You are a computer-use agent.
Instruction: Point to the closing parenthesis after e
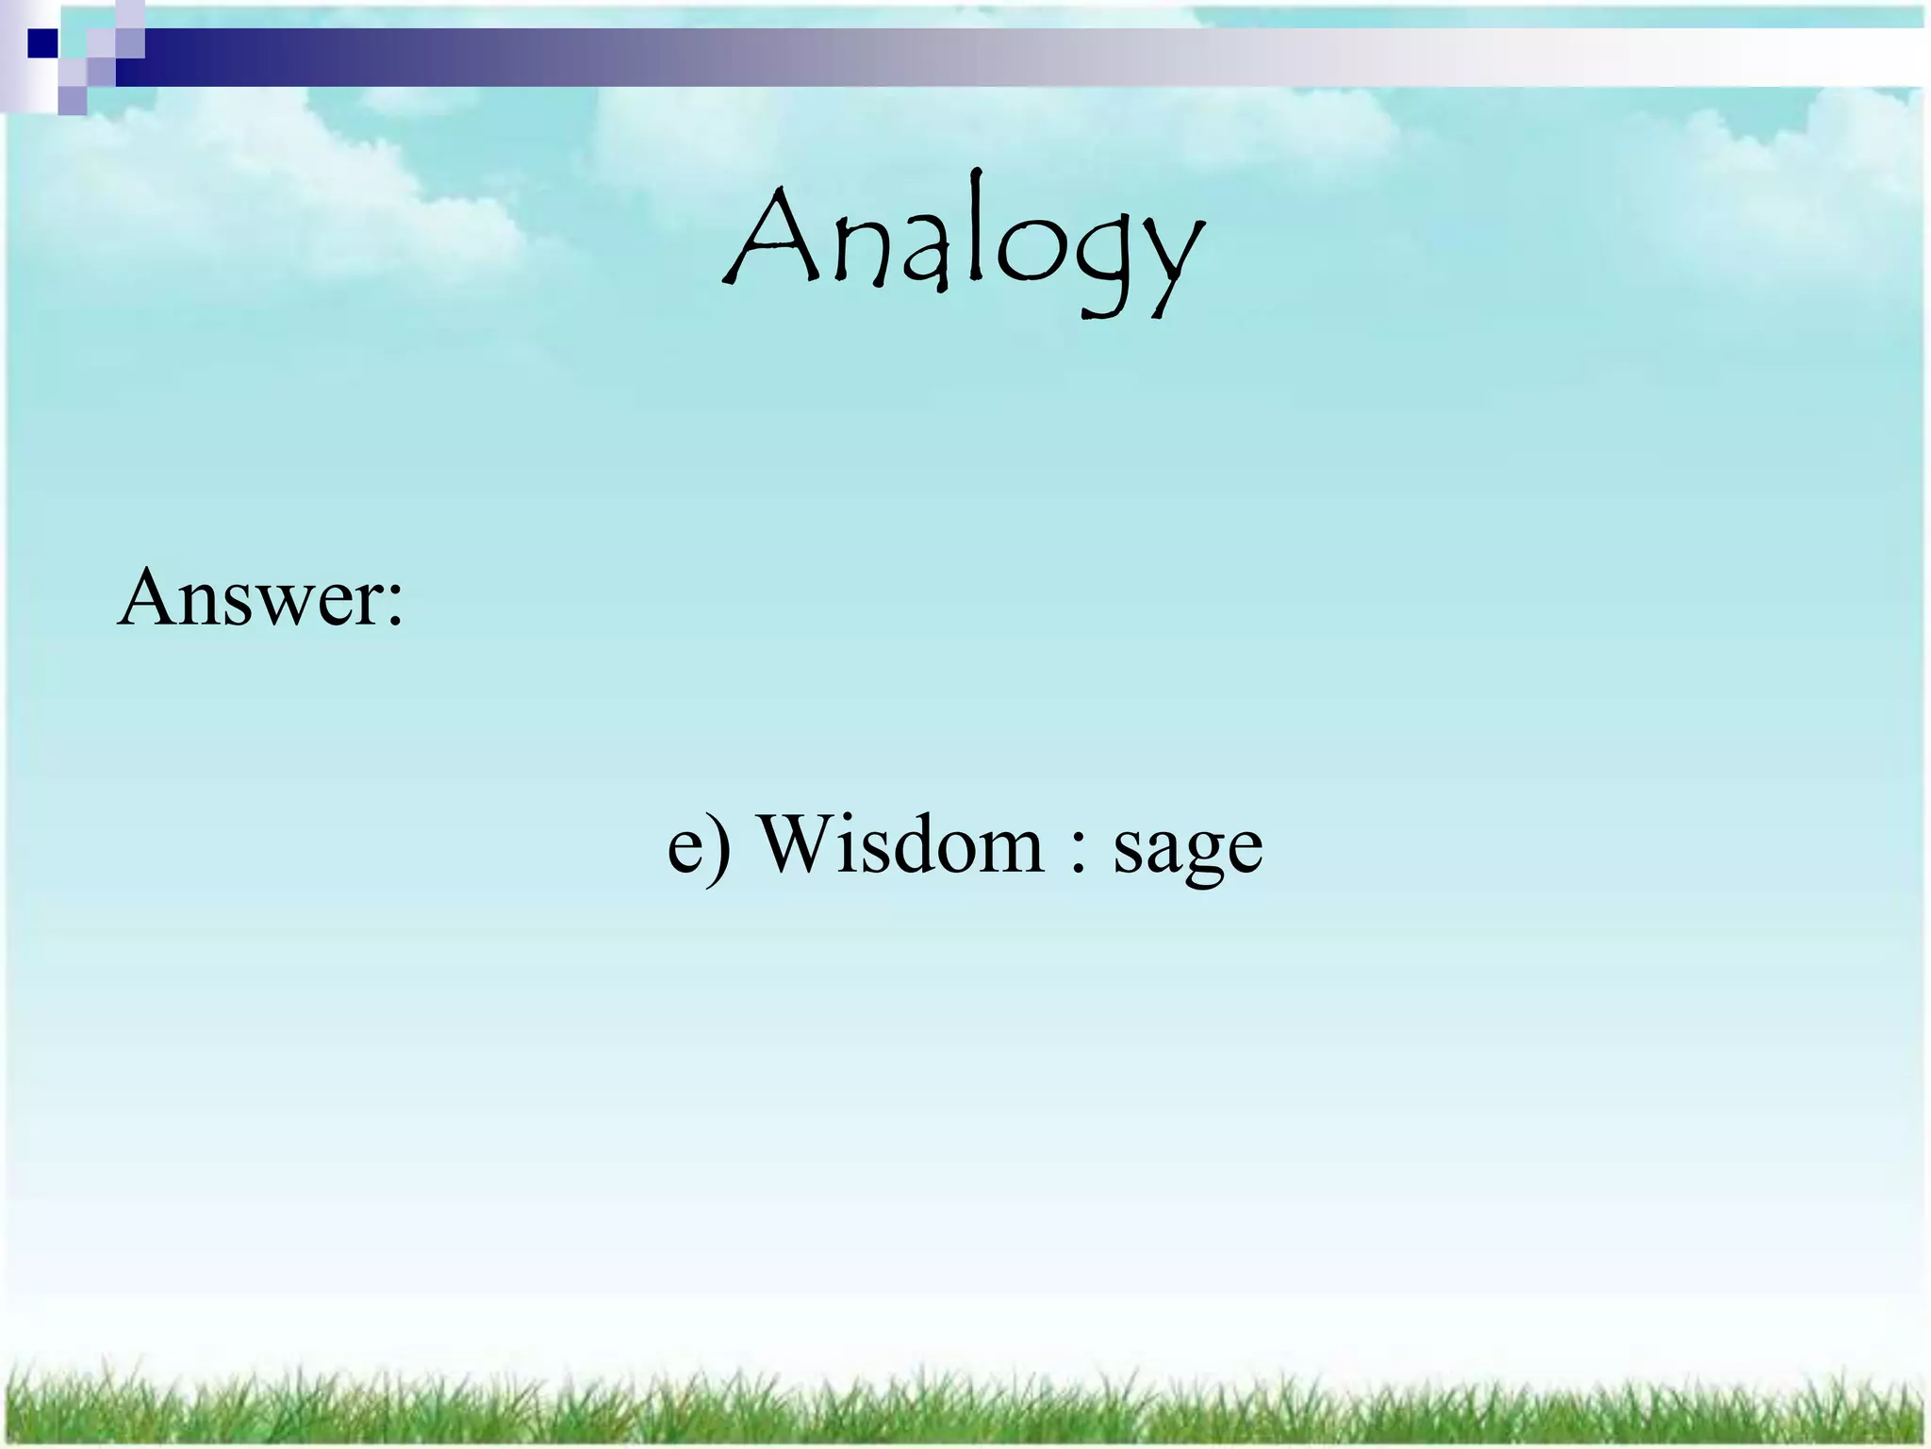pos(720,848)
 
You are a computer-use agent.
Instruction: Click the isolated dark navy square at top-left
pos(42,43)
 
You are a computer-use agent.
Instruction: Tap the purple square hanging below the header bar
pos(73,100)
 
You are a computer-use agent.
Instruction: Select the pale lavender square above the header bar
pos(130,13)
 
